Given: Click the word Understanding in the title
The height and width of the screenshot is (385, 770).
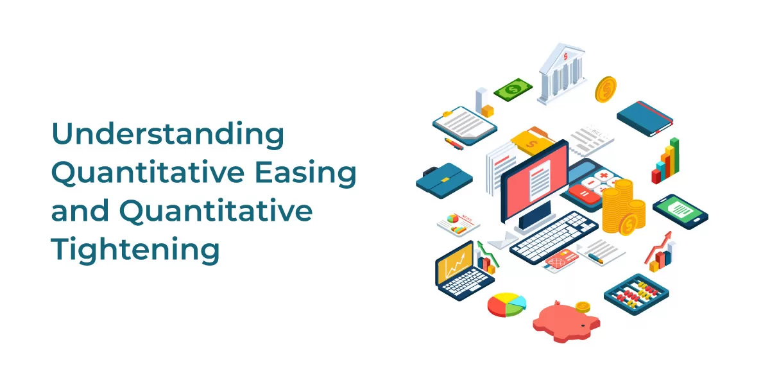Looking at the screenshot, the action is tap(167, 134).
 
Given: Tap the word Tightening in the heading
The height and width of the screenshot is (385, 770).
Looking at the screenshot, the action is tap(135, 250).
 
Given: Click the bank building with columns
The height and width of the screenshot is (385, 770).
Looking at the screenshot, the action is tap(561, 74).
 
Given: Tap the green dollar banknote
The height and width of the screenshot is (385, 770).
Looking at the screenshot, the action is tap(513, 90).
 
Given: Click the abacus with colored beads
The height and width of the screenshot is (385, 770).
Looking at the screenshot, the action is tap(637, 294).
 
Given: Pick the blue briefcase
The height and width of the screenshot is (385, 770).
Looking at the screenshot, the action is tap(444, 180).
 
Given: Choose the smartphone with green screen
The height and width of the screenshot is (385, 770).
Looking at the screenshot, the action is tap(680, 211).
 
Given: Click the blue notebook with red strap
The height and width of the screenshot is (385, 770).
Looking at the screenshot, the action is tap(645, 119).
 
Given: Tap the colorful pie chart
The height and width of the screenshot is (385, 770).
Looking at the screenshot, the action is tap(507, 305).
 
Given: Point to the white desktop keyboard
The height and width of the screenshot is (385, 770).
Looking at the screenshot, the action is tap(554, 237).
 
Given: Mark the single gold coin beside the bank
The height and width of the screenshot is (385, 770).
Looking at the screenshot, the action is tap(606, 89).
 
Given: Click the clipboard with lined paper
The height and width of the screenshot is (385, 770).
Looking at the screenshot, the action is tap(465, 125).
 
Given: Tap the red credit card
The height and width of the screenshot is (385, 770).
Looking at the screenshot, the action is tap(561, 260).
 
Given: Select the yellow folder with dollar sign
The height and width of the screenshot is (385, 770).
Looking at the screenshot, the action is tap(531, 141).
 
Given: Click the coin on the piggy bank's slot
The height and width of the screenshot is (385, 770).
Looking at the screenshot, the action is tap(583, 307).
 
